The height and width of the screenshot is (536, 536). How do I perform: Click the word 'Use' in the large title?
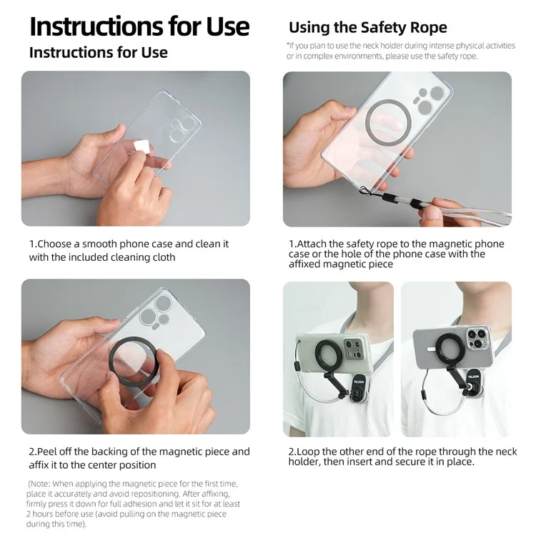[228, 26]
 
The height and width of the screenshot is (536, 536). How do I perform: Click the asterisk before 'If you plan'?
[288, 44]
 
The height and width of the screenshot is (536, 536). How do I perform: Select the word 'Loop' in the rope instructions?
[307, 452]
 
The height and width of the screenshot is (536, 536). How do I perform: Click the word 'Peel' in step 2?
[47, 452]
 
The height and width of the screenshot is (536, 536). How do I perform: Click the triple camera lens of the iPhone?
[477, 338]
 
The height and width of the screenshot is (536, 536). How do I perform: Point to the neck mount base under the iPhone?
[473, 384]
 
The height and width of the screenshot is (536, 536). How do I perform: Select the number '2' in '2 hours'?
[29, 514]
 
